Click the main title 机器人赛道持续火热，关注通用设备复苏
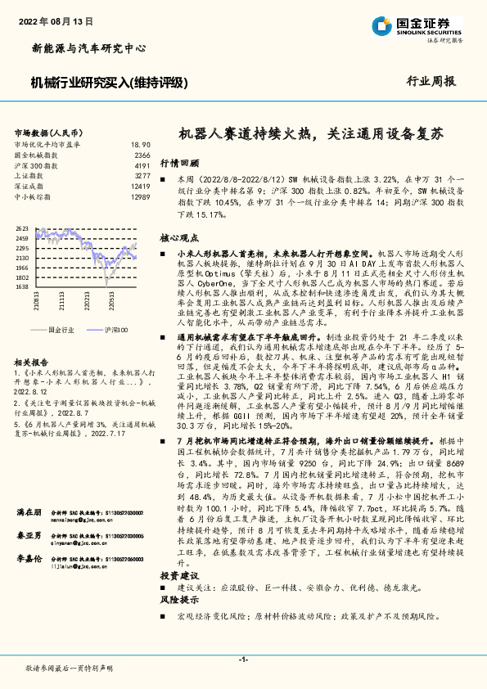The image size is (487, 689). [311, 133]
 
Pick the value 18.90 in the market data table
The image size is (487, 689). [141, 144]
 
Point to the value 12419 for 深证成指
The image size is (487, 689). [140, 187]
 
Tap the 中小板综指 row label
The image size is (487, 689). [34, 197]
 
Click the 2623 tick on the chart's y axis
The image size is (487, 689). [21, 228]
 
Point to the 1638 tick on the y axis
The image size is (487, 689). [21, 287]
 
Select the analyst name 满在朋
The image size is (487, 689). [29, 512]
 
